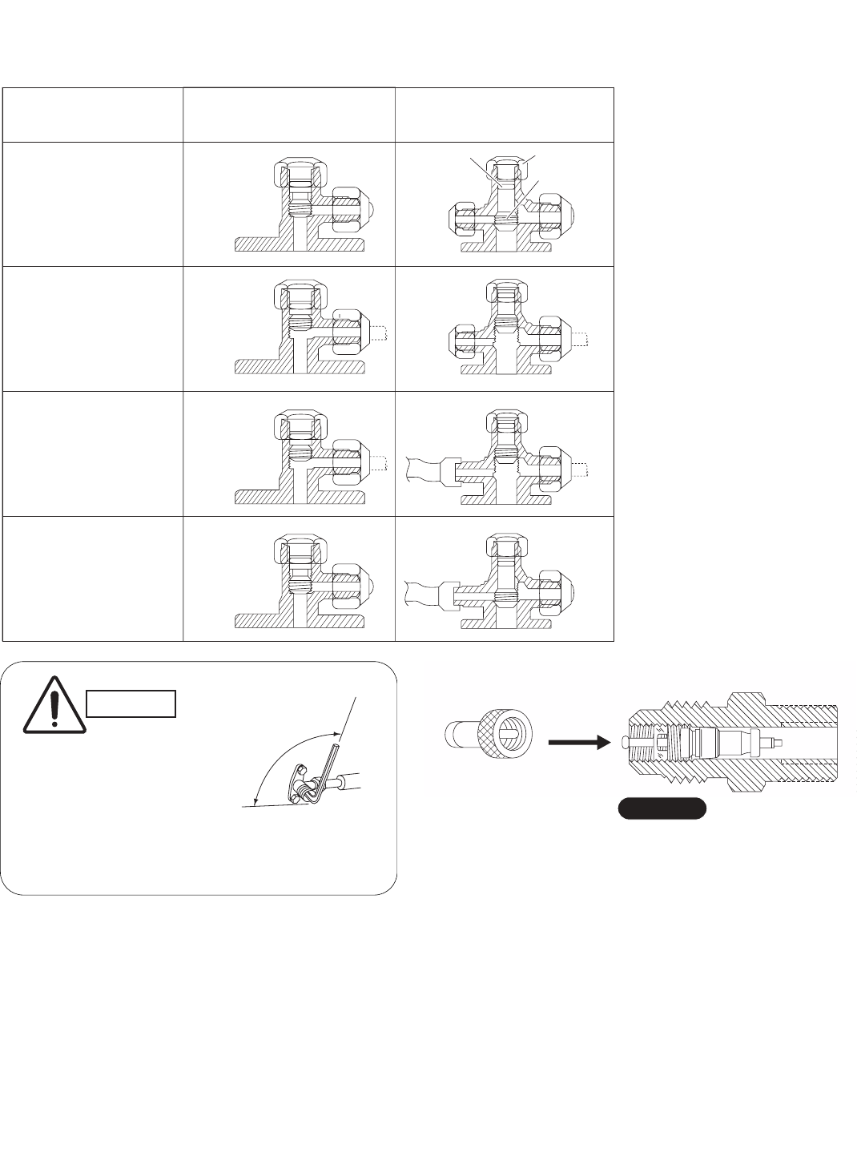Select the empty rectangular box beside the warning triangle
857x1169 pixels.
coord(131,703)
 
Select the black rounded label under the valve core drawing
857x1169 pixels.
coord(661,808)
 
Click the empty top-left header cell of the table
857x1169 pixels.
coord(93,115)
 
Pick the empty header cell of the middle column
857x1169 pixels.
coord(289,115)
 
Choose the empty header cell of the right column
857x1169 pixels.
coord(505,115)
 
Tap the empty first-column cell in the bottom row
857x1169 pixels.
coord(93,579)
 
